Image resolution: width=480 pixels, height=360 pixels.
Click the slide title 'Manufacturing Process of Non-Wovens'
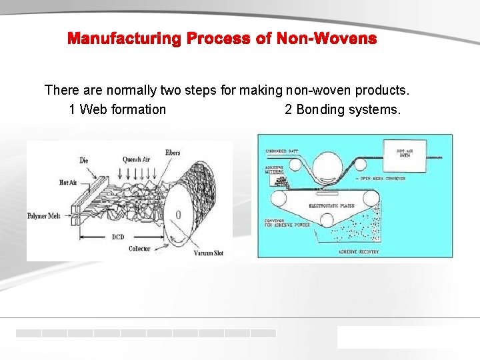pyautogui.click(x=222, y=39)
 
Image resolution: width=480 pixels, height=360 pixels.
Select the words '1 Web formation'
pyautogui.click(x=117, y=109)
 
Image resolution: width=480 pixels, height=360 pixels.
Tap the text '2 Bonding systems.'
pyautogui.click(x=343, y=109)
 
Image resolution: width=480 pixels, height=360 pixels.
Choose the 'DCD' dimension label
pyautogui.click(x=117, y=237)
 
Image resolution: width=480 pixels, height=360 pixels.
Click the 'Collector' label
pyautogui.click(x=139, y=249)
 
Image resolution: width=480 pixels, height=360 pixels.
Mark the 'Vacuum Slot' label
pyautogui.click(x=209, y=253)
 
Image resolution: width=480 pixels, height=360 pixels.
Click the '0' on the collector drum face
pyautogui.click(x=177, y=215)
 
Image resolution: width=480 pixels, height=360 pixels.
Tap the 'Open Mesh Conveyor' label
pyautogui.click(x=381, y=179)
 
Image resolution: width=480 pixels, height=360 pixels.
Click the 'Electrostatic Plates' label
pyautogui.click(x=331, y=207)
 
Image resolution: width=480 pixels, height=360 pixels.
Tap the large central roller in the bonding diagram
pyautogui.click(x=329, y=165)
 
